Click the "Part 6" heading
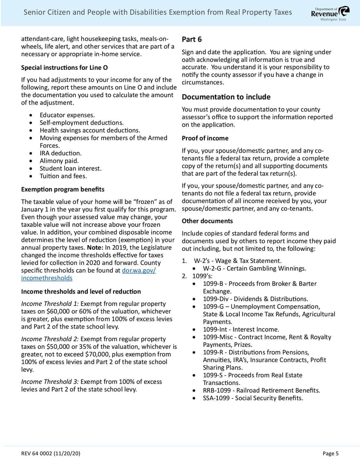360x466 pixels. tap(192, 40)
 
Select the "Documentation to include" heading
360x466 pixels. tap(226, 97)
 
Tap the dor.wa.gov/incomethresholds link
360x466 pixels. tap(88, 274)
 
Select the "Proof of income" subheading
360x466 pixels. tap(205, 138)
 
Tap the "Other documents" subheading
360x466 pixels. tap(207, 221)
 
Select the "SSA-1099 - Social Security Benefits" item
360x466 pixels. tap(253, 398)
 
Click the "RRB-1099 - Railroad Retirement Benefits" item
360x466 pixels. tap(261, 390)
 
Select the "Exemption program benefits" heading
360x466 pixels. tap(63, 189)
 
